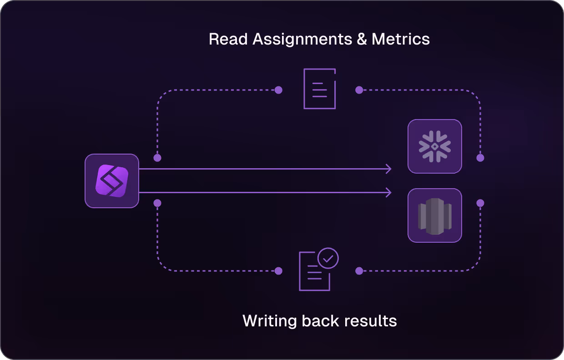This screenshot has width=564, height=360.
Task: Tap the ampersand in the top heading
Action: [362, 39]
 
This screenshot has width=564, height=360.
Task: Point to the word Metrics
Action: [401, 39]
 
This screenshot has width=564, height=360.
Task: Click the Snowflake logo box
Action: [435, 146]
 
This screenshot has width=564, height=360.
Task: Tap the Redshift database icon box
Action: [435, 215]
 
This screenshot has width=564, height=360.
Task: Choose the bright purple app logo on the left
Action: [112, 181]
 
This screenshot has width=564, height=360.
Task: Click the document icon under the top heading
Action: [319, 89]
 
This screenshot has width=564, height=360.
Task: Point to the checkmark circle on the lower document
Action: [328, 258]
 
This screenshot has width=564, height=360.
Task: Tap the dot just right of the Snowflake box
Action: [480, 158]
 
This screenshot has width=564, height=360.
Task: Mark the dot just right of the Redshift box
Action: [480, 203]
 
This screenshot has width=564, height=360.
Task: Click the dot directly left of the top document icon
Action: [279, 90]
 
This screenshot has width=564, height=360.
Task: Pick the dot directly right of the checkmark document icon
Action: [359, 271]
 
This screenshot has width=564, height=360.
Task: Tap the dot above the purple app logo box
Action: [157, 158]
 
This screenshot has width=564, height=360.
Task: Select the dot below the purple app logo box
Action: [157, 203]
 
